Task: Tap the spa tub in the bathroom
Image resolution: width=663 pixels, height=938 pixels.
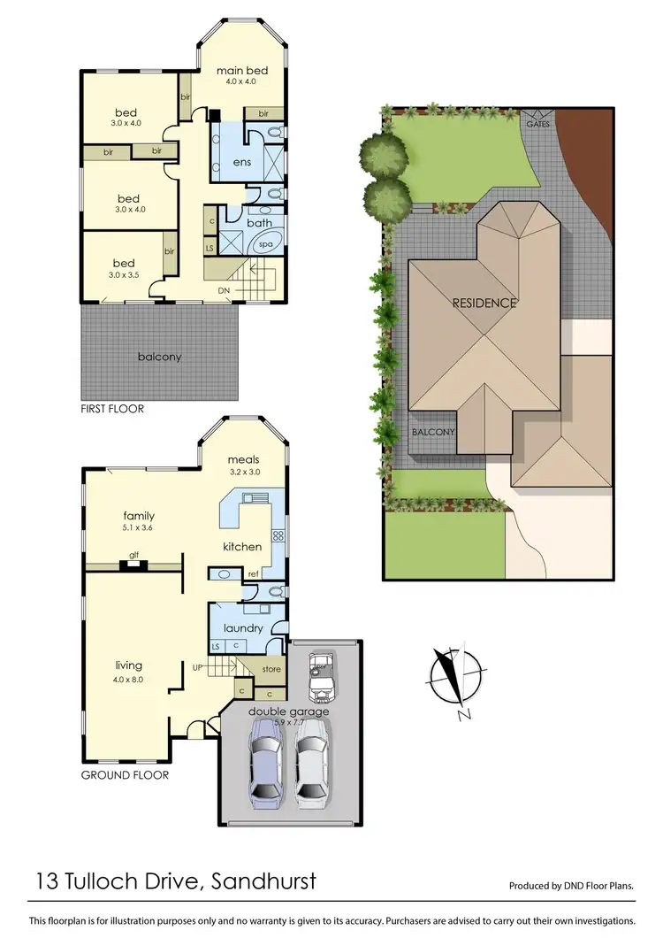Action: tap(264, 245)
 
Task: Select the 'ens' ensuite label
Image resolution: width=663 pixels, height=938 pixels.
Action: tap(240, 162)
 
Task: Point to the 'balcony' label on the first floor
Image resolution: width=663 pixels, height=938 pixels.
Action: tap(159, 357)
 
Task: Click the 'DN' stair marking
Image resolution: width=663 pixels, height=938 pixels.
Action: tap(225, 289)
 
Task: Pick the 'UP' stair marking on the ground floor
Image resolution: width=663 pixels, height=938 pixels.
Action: tap(200, 665)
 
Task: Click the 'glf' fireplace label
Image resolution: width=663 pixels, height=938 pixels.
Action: tap(133, 555)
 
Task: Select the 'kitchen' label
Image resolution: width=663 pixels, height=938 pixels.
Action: tap(240, 546)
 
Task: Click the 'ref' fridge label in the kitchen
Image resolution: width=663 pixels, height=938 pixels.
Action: tap(253, 573)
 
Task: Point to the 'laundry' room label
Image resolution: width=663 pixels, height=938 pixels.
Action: tap(243, 628)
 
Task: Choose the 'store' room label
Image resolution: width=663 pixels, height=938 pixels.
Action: tap(271, 669)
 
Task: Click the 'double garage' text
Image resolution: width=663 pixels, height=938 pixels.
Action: tap(277, 711)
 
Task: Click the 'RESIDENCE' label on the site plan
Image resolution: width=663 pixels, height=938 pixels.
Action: tap(484, 303)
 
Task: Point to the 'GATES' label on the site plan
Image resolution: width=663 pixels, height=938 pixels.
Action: tap(538, 124)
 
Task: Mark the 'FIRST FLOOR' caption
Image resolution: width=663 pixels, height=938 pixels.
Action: tap(111, 410)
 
